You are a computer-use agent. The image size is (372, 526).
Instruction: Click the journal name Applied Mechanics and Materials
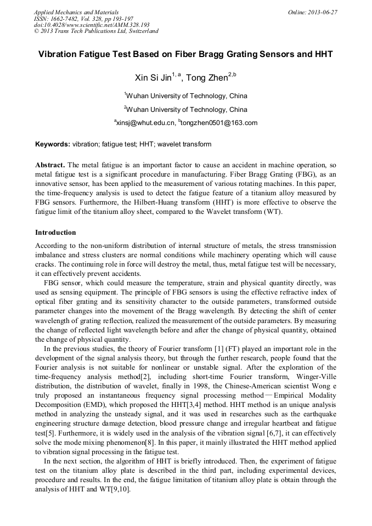point(76,12)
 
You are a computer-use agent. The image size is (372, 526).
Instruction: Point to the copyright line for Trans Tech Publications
point(96,31)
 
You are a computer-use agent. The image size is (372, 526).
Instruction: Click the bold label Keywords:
point(53,144)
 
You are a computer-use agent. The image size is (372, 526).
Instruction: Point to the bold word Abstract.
point(50,165)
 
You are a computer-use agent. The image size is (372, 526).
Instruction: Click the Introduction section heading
point(55,233)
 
